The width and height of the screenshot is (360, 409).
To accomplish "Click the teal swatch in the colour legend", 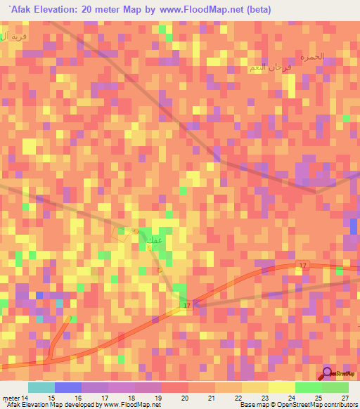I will pos(41,387).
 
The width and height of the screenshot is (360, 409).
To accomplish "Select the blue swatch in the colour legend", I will pos(67,387).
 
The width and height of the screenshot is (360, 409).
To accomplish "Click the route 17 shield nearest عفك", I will pos(187,306).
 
